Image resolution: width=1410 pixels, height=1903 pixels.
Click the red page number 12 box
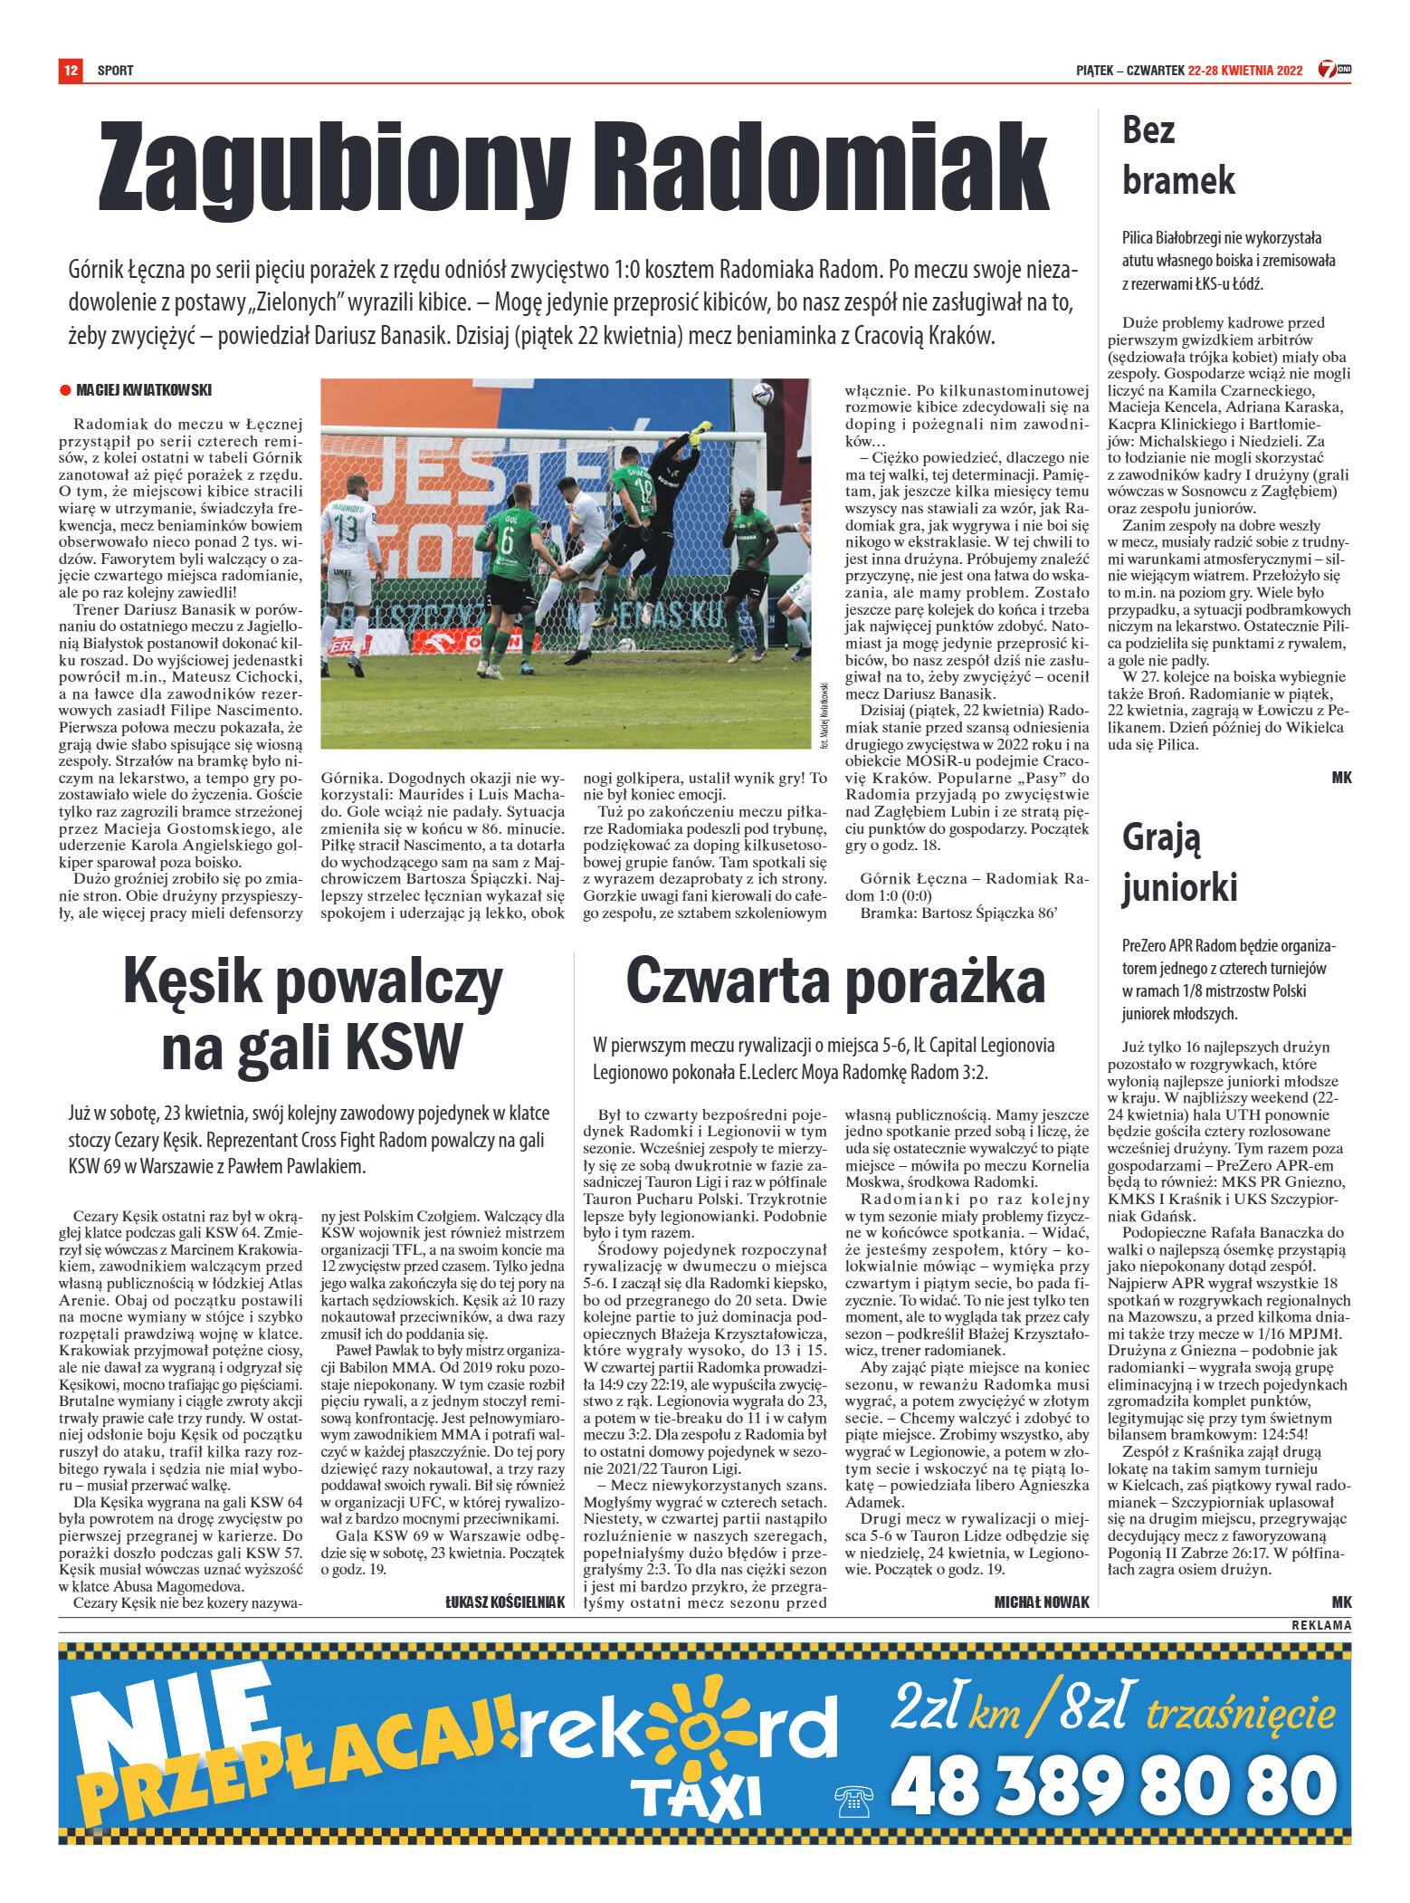pos(70,70)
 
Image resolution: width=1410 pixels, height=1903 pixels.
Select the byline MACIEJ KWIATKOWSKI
pos(144,390)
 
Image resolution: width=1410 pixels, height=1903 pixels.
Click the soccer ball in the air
pos(763,394)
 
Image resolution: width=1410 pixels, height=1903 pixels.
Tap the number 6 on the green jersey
pos(507,540)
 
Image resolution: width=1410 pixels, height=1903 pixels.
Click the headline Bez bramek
pos(1177,155)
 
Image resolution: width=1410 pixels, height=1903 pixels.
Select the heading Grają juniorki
pos(1178,862)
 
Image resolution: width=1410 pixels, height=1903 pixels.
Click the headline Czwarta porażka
pos(834,980)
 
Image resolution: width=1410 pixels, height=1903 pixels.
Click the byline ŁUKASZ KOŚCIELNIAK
pos(505,1602)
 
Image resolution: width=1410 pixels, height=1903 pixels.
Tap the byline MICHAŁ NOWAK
pos(1042,1602)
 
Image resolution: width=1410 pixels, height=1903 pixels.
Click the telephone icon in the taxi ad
pos(853,1801)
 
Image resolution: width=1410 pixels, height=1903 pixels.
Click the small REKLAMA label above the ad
pos(1321,1625)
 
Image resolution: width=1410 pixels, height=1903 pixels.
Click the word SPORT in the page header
pos(116,71)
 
